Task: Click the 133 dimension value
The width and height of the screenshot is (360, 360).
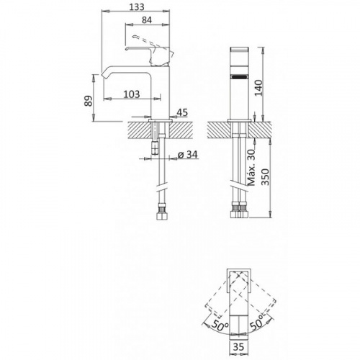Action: point(137,7)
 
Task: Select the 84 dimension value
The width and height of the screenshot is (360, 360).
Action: point(147,20)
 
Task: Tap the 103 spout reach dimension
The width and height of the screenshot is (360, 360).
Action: point(132,94)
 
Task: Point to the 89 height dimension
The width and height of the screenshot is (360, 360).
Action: point(89,101)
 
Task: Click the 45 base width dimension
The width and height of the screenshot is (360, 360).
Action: point(182,112)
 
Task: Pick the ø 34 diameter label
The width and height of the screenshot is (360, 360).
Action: point(188,155)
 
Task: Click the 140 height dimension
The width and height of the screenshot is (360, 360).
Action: point(258,88)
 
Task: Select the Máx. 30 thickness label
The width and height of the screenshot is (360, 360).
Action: point(251,167)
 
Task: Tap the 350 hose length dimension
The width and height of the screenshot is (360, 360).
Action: point(266,177)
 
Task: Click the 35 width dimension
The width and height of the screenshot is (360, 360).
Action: point(238,346)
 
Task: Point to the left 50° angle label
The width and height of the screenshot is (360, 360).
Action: point(220,326)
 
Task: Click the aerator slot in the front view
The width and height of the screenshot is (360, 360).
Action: point(239,77)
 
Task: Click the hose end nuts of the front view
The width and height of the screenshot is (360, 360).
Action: point(239,211)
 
